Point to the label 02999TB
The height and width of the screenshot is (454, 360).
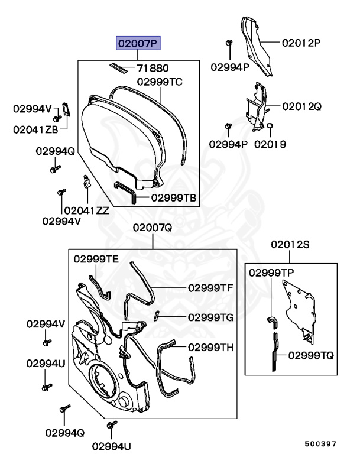click(x=174, y=197)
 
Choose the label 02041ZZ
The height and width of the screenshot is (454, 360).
click(x=86, y=209)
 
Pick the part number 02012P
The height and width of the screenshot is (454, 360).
click(x=301, y=43)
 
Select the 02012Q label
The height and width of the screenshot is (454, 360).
click(x=301, y=106)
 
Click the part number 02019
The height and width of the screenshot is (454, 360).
click(x=270, y=144)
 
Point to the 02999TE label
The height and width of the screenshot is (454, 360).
click(x=96, y=259)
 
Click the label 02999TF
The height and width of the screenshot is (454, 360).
click(x=210, y=288)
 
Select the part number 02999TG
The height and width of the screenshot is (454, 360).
click(x=210, y=317)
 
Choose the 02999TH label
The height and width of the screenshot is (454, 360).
click(x=211, y=347)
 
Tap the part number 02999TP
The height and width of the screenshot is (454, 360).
click(x=271, y=273)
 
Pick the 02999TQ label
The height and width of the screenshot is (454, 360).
click(x=311, y=355)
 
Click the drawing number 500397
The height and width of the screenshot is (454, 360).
click(x=320, y=442)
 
